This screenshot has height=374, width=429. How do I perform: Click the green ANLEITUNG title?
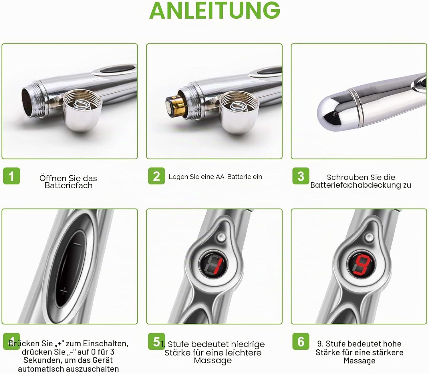[214, 10]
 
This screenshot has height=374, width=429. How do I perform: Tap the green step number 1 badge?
[11, 176]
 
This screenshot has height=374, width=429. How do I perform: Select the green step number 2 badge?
[156, 176]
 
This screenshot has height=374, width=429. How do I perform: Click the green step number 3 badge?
[301, 176]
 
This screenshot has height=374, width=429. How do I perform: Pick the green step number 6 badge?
[301, 341]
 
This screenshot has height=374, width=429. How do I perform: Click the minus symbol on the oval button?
[78, 244]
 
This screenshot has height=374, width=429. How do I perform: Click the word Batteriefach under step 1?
[68, 185]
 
